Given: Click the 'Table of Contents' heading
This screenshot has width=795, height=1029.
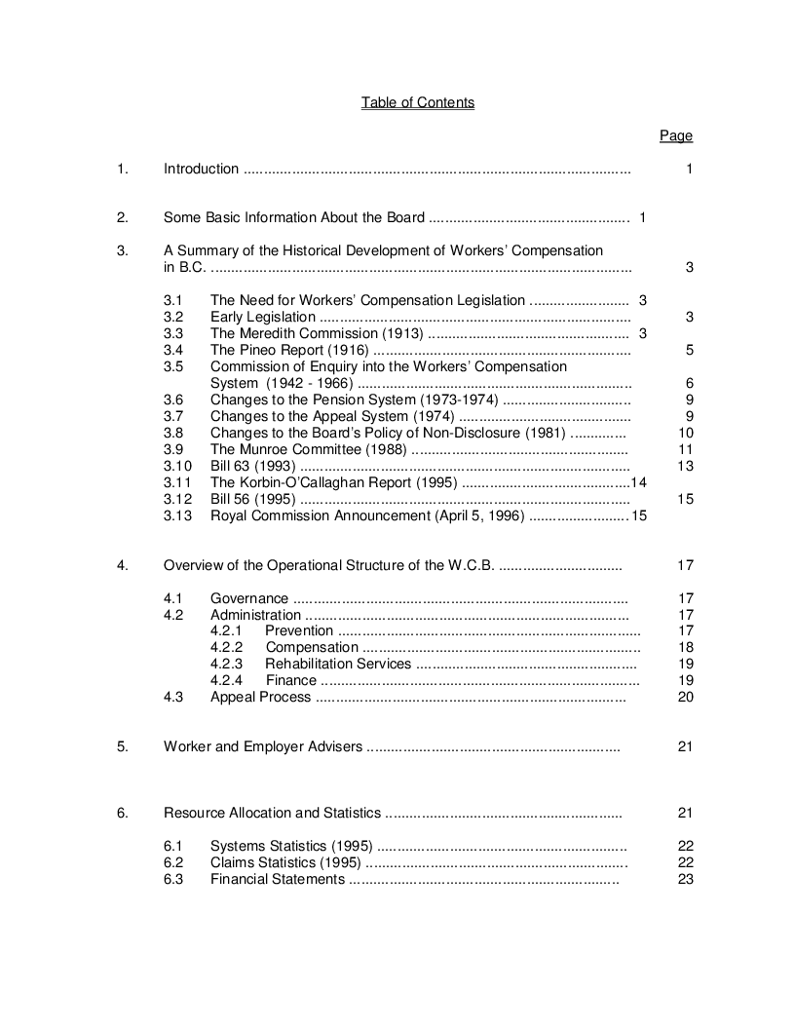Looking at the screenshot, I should coord(418,102).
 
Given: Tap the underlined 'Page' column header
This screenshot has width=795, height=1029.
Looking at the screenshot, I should coord(676,135).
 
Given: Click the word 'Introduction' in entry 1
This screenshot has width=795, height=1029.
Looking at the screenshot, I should coord(201,169).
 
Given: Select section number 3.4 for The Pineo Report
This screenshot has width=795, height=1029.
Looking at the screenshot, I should coord(173,350).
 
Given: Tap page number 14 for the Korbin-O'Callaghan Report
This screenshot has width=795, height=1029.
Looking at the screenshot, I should coord(639,482).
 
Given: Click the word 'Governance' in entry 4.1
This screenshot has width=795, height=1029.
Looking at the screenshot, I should coord(249,598).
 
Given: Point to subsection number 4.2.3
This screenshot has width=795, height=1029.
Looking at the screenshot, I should coord(226,664).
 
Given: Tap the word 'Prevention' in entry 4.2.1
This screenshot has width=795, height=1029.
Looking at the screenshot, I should coord(299,630).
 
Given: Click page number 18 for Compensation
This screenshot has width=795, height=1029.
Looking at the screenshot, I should coord(685,647).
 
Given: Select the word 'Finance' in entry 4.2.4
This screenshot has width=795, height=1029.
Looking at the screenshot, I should coord(291,680).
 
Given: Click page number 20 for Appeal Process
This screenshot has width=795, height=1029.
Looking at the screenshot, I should coord(685,697).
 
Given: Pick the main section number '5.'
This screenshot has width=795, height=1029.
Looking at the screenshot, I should coord(123,747).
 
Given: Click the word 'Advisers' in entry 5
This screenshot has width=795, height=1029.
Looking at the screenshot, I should coord(336,747).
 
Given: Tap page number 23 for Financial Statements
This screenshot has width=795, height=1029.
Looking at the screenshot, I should coord(685,879).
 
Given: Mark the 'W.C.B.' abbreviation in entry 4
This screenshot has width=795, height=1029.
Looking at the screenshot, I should coord(468,565).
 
